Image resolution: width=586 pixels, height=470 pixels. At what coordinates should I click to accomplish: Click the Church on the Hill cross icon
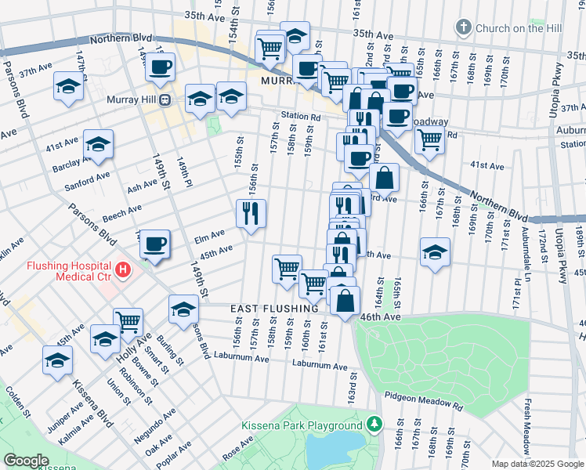pos(464,28)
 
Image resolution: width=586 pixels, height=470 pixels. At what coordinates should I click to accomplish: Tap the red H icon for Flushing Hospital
pos(122,270)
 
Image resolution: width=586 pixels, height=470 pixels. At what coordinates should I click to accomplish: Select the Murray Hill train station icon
pos(165,100)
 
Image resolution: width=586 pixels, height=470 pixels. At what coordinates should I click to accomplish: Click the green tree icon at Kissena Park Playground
pos(375,425)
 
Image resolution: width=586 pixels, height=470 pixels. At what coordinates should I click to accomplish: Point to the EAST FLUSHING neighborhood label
pos(274,309)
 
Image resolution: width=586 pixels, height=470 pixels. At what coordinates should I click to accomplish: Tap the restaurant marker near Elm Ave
pos(251,213)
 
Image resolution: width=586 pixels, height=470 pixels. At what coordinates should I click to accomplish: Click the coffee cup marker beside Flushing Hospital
pos(155,244)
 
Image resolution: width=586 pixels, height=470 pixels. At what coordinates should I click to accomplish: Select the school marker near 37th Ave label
pos(69,85)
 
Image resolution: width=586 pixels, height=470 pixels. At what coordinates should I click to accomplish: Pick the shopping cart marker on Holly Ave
pos(128,320)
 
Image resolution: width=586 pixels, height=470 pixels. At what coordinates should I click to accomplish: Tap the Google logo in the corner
pos(25,460)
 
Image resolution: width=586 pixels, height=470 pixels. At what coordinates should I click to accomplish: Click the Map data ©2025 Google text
pos(537,464)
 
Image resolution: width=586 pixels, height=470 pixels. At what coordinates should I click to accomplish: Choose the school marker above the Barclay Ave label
pos(99,144)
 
